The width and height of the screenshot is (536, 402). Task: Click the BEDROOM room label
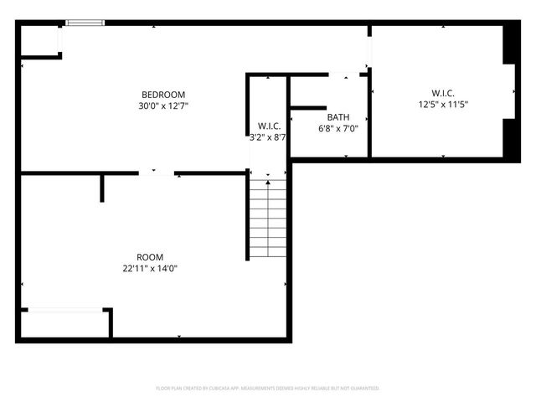(x=163, y=95)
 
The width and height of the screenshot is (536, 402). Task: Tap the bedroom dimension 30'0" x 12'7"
(x=163, y=106)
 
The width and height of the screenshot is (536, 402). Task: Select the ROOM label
(x=151, y=257)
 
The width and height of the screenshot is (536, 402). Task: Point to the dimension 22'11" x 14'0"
(x=151, y=269)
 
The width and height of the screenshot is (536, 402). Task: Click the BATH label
(x=338, y=117)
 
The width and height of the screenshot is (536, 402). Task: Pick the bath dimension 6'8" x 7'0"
(x=338, y=129)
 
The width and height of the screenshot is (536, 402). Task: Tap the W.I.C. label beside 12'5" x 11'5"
(x=443, y=93)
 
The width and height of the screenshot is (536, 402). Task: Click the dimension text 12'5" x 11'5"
(x=443, y=105)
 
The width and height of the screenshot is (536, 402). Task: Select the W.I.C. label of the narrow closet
(x=269, y=126)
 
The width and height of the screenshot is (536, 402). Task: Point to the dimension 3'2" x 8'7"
(x=269, y=137)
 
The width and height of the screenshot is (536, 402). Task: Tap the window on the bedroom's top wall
(x=85, y=23)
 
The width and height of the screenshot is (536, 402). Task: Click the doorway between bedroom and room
(x=157, y=173)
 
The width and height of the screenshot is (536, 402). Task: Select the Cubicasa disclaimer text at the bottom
(x=268, y=389)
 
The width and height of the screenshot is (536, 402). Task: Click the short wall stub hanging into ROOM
(x=102, y=188)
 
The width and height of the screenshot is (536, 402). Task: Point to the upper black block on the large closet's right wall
(x=508, y=45)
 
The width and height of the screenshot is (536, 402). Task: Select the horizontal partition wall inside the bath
(x=307, y=107)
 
